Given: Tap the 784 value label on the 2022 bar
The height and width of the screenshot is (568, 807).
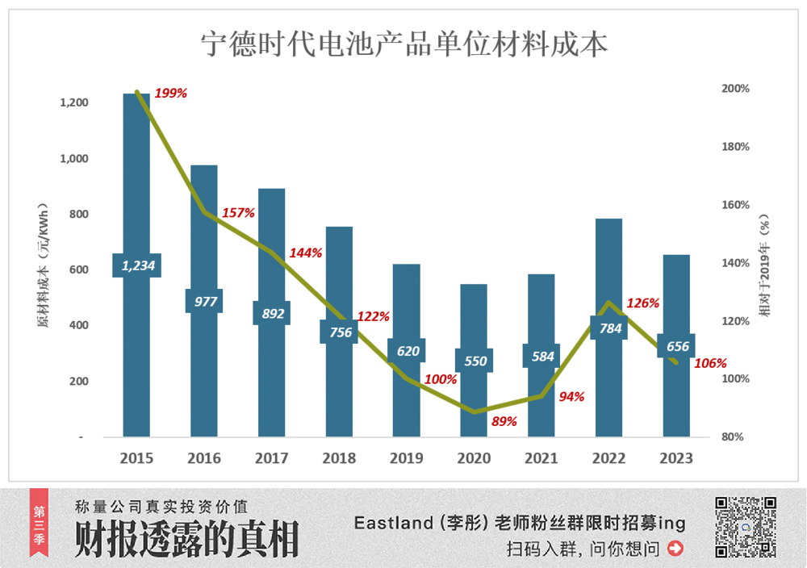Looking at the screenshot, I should [x=608, y=328].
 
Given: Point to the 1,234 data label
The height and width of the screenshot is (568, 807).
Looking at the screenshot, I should [x=137, y=265].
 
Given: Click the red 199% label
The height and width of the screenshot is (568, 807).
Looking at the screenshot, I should [x=170, y=94].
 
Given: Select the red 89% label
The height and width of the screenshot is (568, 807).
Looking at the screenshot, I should [x=504, y=420].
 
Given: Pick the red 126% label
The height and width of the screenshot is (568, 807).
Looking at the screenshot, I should [x=642, y=304].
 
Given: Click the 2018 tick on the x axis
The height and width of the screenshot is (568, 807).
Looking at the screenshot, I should [x=339, y=458].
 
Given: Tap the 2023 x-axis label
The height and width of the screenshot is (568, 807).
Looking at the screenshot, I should [x=676, y=458].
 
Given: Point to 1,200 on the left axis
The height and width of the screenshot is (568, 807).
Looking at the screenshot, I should [x=73, y=102].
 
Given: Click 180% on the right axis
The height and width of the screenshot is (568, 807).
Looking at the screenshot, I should [x=735, y=147].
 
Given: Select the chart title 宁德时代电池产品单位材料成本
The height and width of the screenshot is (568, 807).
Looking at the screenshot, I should [x=403, y=45].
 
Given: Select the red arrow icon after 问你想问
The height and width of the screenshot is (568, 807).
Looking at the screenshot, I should [x=676, y=549].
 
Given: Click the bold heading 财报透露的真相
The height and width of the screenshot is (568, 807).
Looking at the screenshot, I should [x=186, y=539].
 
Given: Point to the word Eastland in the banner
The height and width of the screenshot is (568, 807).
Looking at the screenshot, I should [x=394, y=524].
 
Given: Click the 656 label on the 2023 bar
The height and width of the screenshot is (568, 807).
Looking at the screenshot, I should [x=677, y=347].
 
